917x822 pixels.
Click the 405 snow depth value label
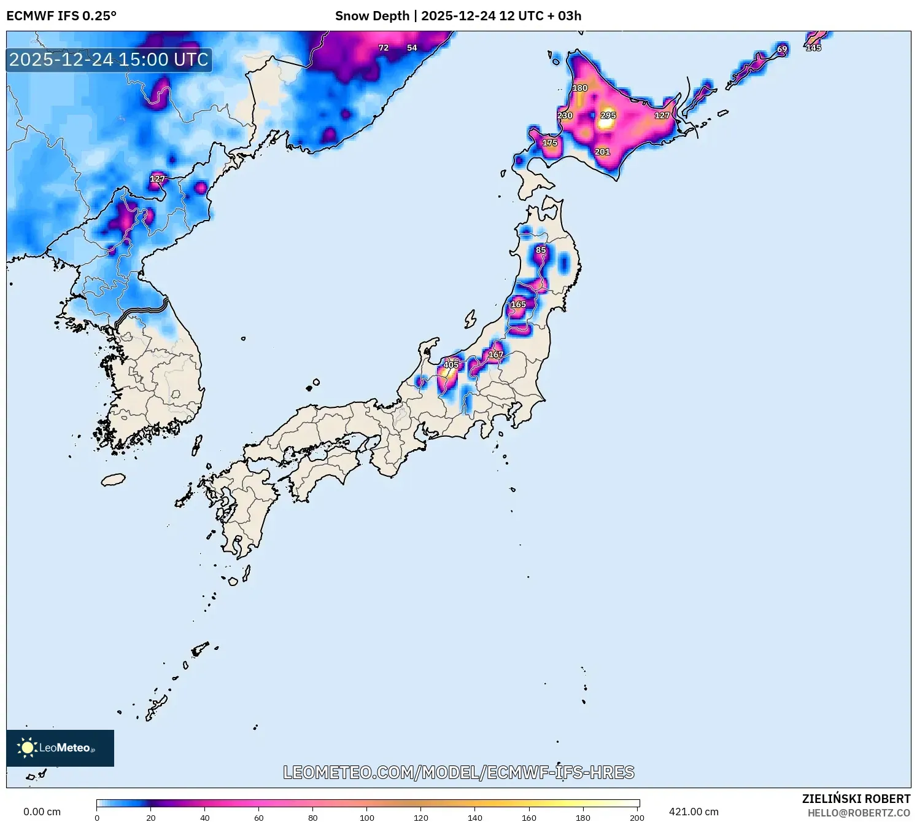pyautogui.click(x=451, y=365)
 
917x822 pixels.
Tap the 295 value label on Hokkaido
pyautogui.click(x=608, y=115)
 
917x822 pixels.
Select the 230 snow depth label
pyautogui.click(x=565, y=115)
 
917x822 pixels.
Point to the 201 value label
pyautogui.click(x=602, y=152)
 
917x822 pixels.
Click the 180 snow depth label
pyautogui.click(x=580, y=88)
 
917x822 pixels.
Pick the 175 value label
pyautogui.click(x=549, y=143)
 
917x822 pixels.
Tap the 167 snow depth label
pyautogui.click(x=496, y=354)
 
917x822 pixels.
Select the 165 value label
pyautogui.click(x=519, y=304)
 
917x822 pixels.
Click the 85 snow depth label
pyautogui.click(x=541, y=250)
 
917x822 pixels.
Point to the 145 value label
pyautogui.click(x=813, y=48)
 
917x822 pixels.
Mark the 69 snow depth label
pyautogui.click(x=782, y=49)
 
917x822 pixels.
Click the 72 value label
pyautogui.click(x=384, y=48)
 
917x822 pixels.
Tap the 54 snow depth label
pyautogui.click(x=412, y=48)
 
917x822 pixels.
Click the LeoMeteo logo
pyautogui.click(x=60, y=748)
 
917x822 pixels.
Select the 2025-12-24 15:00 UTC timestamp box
pyautogui.click(x=109, y=60)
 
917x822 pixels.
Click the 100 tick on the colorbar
pyautogui.click(x=367, y=817)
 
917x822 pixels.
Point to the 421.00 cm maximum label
pyautogui.click(x=694, y=812)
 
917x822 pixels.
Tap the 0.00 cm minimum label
pyautogui.click(x=42, y=812)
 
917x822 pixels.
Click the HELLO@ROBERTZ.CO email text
pyautogui.click(x=859, y=813)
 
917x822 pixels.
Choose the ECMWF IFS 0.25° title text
pyautogui.click(x=61, y=16)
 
